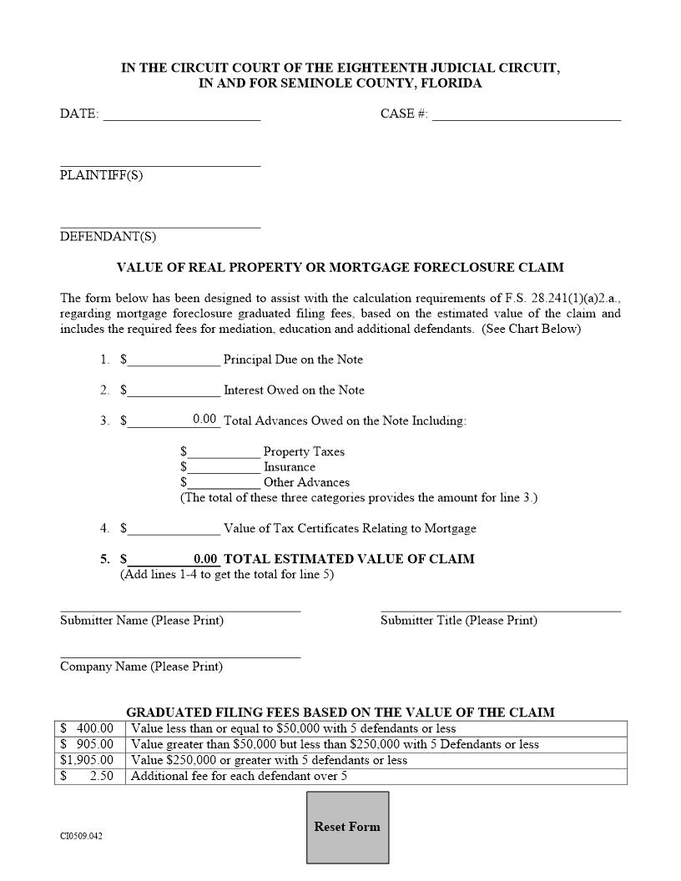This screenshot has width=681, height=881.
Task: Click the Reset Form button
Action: tap(347, 827)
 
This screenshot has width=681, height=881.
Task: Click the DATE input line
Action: tap(181, 113)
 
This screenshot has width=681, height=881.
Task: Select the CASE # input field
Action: tap(526, 113)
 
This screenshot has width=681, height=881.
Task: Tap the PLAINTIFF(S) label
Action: tap(101, 175)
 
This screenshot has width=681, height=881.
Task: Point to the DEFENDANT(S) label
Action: tap(108, 236)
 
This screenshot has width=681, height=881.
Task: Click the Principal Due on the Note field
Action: tap(174, 360)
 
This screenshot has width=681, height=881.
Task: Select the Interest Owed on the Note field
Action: tap(174, 390)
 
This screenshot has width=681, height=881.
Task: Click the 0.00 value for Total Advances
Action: tap(204, 420)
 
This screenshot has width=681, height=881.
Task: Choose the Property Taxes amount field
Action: tap(224, 451)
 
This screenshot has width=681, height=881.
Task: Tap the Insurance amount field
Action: tap(224, 466)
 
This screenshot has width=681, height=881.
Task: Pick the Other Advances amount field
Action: tap(224, 481)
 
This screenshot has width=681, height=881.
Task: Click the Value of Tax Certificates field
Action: tap(174, 528)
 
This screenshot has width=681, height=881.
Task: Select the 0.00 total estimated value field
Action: tap(204, 559)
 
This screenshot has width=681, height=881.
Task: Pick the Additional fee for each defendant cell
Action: tap(376, 776)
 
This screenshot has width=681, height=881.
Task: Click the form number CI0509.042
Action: tap(82, 835)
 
